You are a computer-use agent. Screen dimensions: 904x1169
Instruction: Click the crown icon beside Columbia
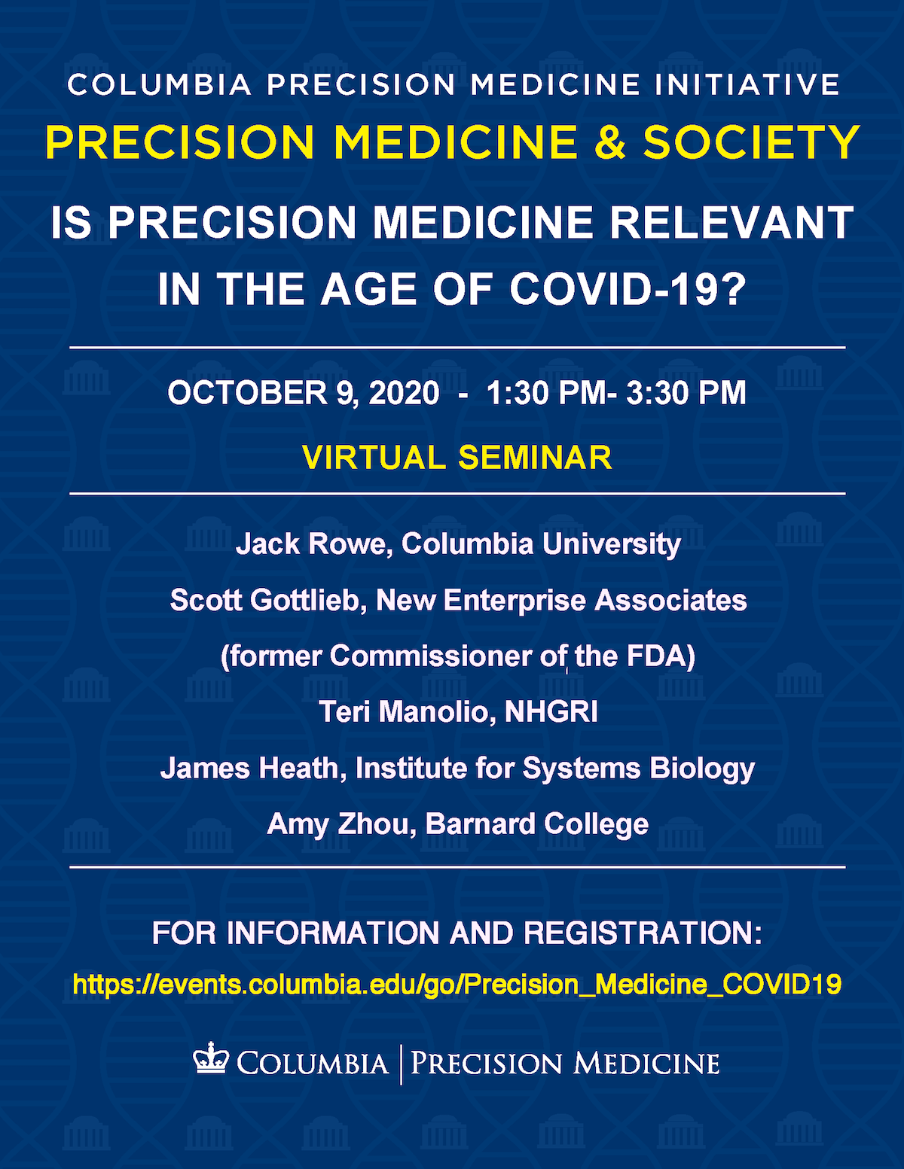click(211, 1058)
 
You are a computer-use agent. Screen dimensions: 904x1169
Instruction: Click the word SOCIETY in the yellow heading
click(752, 142)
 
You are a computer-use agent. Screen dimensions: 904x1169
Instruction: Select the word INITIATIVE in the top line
click(747, 84)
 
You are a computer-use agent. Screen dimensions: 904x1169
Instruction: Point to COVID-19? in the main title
click(628, 290)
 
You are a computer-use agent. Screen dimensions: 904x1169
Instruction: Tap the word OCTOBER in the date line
click(248, 393)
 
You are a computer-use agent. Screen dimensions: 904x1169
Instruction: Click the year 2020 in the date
click(404, 393)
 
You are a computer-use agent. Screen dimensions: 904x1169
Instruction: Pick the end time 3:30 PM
click(686, 393)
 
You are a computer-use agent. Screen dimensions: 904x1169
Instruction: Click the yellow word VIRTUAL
click(374, 457)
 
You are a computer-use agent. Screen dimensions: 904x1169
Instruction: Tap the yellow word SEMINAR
click(535, 457)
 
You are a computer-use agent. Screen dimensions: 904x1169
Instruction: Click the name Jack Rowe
click(310, 544)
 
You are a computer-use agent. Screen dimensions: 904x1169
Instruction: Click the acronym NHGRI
click(551, 712)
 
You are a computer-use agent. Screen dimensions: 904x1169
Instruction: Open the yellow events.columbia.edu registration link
click(457, 985)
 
